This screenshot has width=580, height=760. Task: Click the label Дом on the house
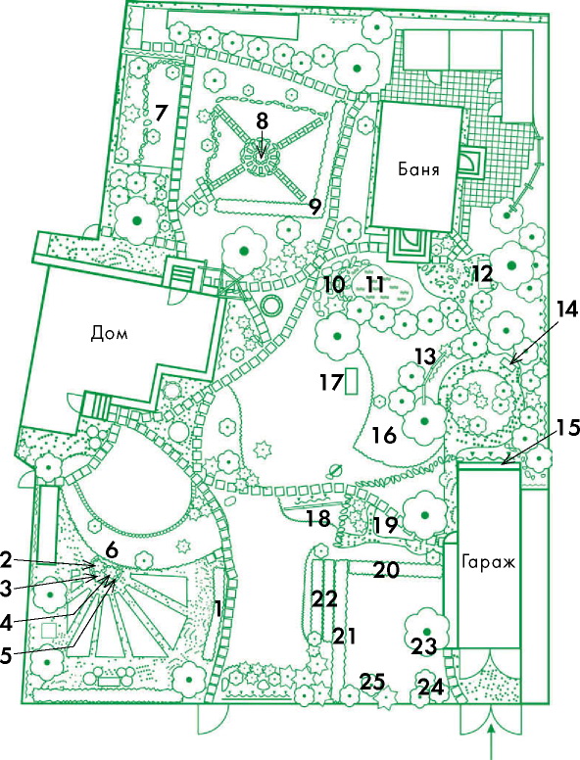(x=109, y=334)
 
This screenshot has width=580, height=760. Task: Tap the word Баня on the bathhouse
(x=418, y=169)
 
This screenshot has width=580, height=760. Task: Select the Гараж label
(x=488, y=563)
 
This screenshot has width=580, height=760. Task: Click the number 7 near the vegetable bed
(x=161, y=114)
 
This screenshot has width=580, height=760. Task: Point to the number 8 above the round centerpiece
(x=262, y=121)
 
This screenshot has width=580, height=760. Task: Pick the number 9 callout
(x=314, y=208)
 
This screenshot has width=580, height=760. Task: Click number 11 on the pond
(x=374, y=285)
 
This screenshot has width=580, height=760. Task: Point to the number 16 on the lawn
(x=384, y=436)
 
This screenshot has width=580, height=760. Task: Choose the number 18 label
(x=318, y=519)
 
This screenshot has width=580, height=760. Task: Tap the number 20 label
(x=386, y=570)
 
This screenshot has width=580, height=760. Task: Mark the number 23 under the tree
(x=424, y=646)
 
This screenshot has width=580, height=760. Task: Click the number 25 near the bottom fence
(x=372, y=682)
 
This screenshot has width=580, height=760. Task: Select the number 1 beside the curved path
(x=218, y=609)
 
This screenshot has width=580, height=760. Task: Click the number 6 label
(x=112, y=549)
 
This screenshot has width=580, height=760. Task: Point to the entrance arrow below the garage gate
(x=492, y=740)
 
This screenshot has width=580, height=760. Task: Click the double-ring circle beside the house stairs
(x=270, y=306)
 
